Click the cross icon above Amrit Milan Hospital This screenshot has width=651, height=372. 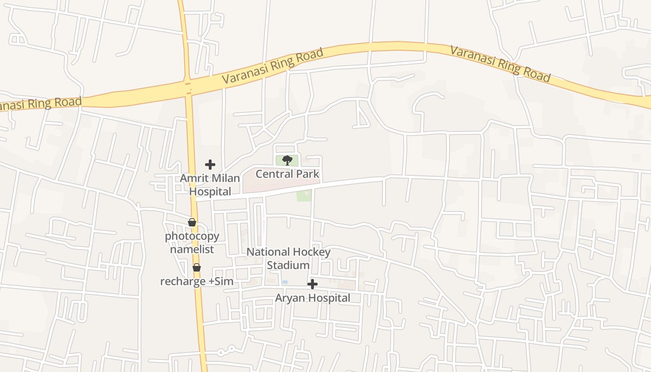[x=210, y=165]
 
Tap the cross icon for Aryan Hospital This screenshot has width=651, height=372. [x=312, y=284]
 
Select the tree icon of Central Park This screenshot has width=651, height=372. [x=287, y=161]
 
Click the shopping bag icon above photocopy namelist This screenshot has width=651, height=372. [x=192, y=223]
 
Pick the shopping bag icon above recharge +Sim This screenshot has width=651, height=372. [x=197, y=267]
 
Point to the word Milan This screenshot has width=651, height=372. [x=226, y=178]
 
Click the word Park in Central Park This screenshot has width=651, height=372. [x=309, y=174]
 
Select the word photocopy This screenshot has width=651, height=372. [x=192, y=236]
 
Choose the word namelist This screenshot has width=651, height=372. [x=192, y=249]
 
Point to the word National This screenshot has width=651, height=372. [x=268, y=252]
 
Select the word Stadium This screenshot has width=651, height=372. [x=288, y=265]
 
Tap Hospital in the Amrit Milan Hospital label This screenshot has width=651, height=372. [x=210, y=192]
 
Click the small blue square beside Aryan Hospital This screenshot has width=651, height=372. [x=285, y=282]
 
